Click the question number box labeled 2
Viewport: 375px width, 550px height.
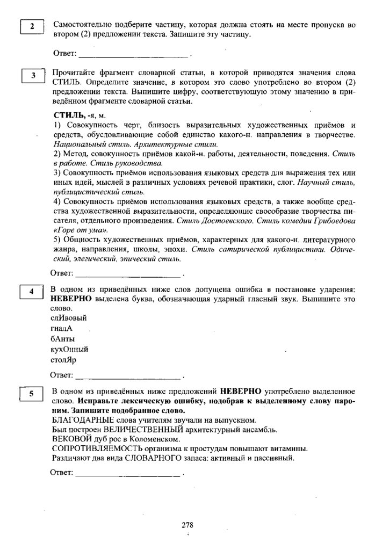pyautogui.click(x=32, y=26)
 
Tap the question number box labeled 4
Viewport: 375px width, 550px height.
pyautogui.click(x=32, y=292)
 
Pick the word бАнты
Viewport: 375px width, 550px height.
pyautogui.click(x=63, y=338)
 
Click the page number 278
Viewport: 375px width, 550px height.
pyautogui.click(x=187, y=525)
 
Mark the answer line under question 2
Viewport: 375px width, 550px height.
pyautogui.click(x=134, y=55)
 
